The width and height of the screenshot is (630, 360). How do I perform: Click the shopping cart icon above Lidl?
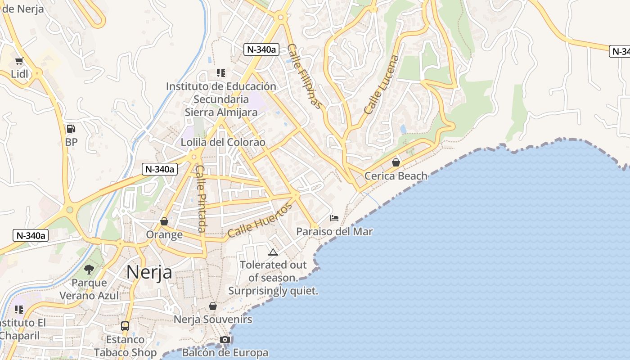[x=19, y=61]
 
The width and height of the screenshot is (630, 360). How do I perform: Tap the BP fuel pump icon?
[x=71, y=129]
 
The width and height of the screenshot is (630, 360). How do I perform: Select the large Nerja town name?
[x=149, y=272]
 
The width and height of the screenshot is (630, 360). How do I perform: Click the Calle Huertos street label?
[x=260, y=220]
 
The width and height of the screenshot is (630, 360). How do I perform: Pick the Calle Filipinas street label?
[x=306, y=76]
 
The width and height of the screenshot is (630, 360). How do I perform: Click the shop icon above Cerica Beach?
[x=396, y=162]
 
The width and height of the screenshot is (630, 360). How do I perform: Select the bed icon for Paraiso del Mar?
[x=334, y=218]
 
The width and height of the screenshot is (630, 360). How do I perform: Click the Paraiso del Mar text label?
[x=334, y=232]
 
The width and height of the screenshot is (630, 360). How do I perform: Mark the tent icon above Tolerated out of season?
[x=273, y=252]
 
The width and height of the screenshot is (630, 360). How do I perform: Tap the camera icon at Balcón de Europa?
[x=225, y=340]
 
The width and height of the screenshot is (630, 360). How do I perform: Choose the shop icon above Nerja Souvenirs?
[x=213, y=306]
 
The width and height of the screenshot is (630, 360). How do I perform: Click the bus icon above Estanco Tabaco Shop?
[x=125, y=326]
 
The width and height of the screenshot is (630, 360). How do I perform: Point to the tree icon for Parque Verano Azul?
[x=89, y=269]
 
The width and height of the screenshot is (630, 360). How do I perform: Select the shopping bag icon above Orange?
[x=164, y=221]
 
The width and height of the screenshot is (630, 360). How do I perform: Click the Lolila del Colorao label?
[x=223, y=142]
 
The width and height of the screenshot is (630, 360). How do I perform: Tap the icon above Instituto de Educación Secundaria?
[x=221, y=72]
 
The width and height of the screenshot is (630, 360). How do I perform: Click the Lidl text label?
[x=19, y=74]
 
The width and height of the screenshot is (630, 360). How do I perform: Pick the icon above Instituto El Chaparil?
[x=19, y=310]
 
